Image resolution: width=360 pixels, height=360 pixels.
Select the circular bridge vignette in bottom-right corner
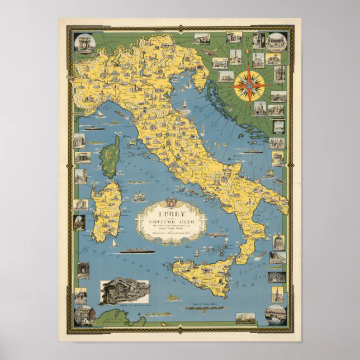276,315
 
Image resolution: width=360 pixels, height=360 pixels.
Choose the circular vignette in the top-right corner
276,42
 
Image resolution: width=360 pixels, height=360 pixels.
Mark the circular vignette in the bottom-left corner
84,315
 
